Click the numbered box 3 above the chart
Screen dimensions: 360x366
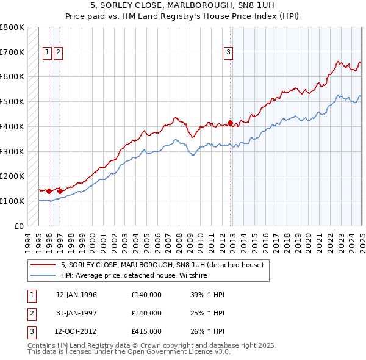(x=228, y=52)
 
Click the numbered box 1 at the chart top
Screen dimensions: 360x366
(x=47, y=52)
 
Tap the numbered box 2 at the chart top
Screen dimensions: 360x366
(x=57, y=52)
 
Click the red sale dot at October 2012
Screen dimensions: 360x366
(x=230, y=123)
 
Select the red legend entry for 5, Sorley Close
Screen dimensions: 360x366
(x=162, y=265)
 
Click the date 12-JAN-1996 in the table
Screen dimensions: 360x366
(x=76, y=295)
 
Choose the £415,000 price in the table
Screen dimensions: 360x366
(x=146, y=331)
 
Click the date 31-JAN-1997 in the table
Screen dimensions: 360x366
(x=76, y=313)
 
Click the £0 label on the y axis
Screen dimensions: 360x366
(x=19, y=226)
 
